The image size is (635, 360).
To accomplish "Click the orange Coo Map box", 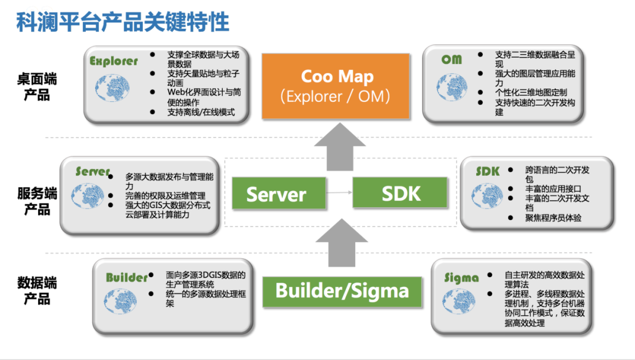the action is pos(336,86).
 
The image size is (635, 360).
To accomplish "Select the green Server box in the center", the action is pos(279,193).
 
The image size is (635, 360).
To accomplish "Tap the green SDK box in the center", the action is pos(400,193).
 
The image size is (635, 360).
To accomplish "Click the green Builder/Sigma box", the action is pos(342,292).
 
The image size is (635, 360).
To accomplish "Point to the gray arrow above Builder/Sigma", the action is pos(342,243).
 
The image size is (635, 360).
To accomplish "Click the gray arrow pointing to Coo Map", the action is pos(340,146).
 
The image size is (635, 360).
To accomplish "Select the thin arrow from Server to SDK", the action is pos(339,192).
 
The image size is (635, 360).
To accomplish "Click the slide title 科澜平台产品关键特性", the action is pos(123,22).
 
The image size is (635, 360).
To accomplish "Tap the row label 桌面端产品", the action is pos(37,86).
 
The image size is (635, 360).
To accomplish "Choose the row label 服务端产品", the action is pos(37,201).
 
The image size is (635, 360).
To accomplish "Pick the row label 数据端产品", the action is pos(37,291).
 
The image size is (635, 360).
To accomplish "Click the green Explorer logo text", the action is pos(114,61).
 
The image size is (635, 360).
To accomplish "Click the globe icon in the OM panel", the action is pos(452,87).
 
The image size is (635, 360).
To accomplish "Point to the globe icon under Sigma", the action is pos(459,301).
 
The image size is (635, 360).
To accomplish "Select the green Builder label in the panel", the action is pos(127,278).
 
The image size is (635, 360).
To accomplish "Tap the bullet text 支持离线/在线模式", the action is pos(201,112).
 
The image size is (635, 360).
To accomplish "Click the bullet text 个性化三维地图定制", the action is pos(531,92).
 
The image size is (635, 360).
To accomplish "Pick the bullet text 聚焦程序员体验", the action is pos(553,218).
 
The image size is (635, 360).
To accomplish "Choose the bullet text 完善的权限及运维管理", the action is pos(165,196).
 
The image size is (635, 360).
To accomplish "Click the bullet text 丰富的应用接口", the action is pos(553,189).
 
